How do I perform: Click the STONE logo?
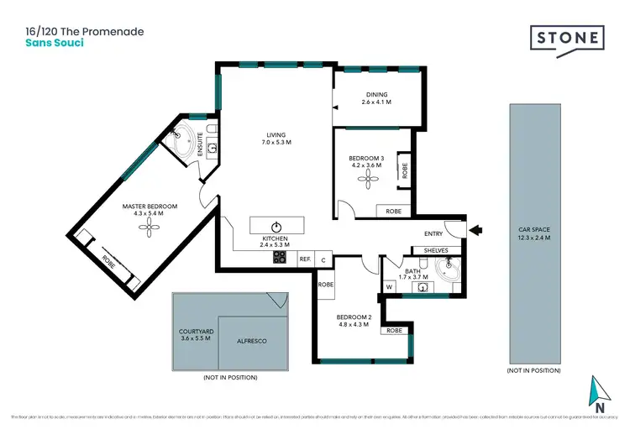pos(567,39)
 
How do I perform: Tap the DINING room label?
pos(376,95)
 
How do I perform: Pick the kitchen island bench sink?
pos(276,226)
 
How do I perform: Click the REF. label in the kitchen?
pos(305,259)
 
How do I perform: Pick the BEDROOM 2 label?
pos(354,317)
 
